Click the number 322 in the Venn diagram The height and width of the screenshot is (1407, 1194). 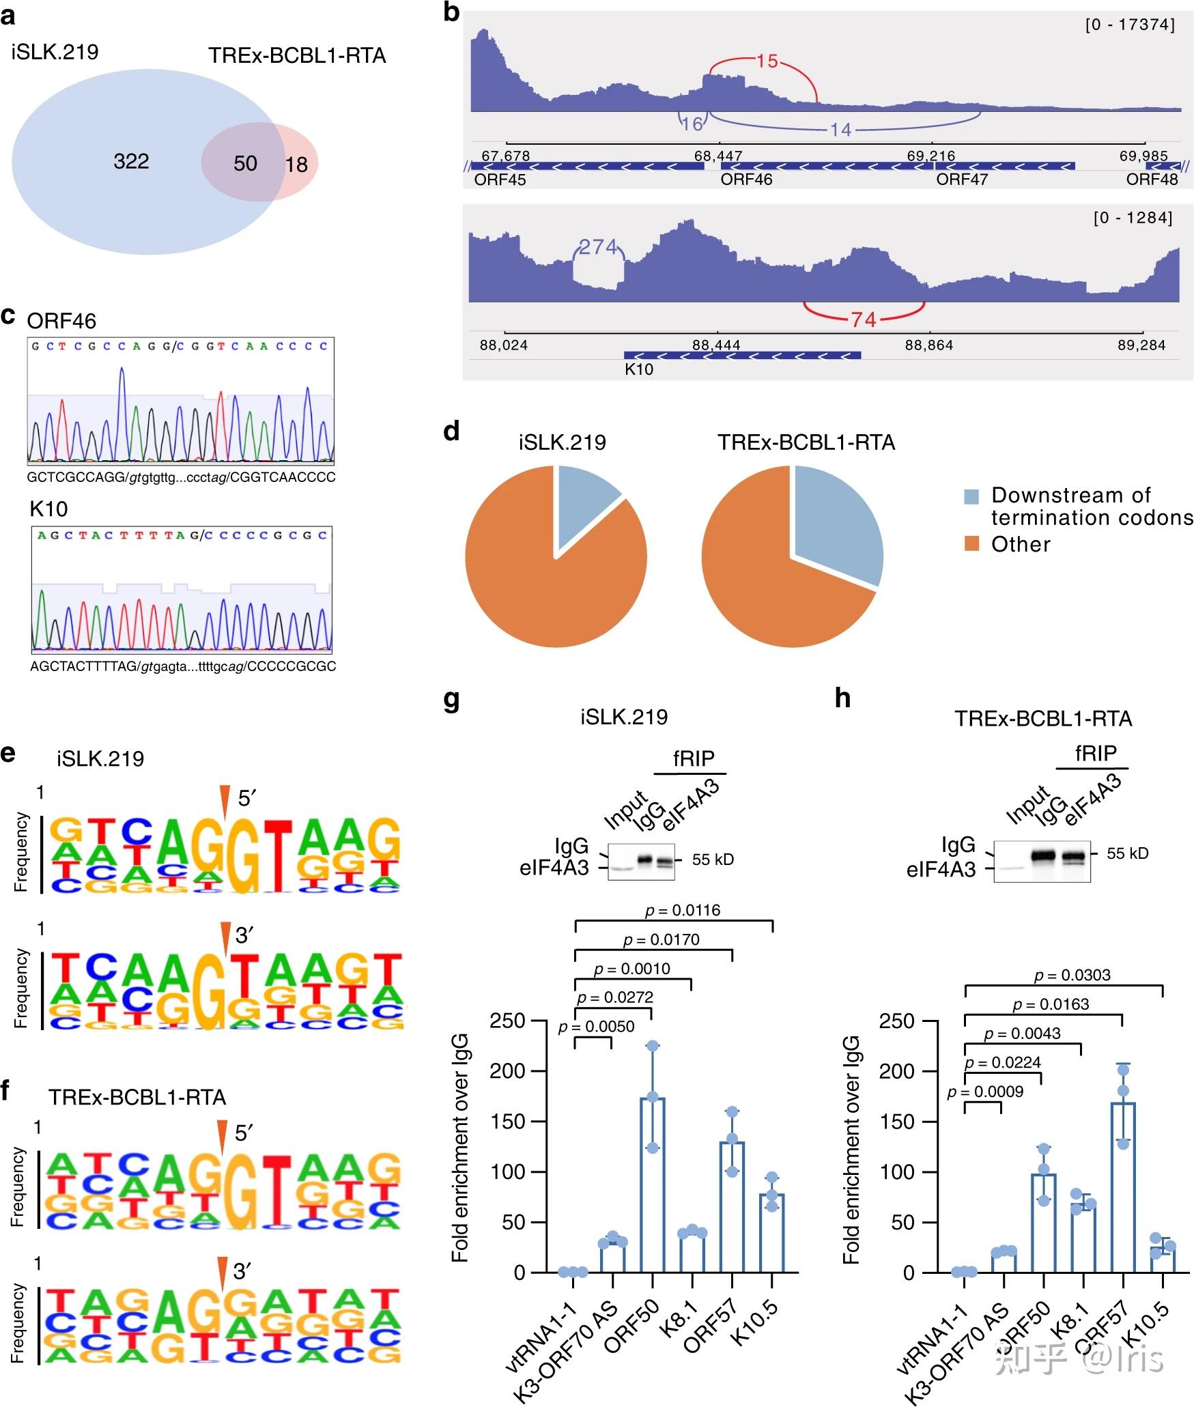(x=131, y=161)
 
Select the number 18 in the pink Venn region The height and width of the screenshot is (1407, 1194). (x=296, y=164)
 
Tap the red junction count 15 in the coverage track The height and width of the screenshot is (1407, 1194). (x=767, y=61)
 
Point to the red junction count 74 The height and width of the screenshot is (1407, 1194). (x=864, y=319)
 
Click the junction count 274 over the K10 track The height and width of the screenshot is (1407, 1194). (x=598, y=247)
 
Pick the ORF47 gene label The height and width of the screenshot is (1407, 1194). (x=961, y=180)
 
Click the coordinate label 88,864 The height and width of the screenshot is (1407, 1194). (x=928, y=345)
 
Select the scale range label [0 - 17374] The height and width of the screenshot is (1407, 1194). (x=1130, y=25)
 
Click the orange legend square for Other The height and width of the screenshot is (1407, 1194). (x=971, y=544)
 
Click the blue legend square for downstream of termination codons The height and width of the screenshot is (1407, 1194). (x=971, y=496)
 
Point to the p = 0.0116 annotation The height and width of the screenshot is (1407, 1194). (x=683, y=910)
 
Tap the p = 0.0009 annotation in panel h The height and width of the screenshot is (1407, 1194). (x=985, y=1092)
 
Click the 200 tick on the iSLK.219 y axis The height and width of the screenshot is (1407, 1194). (x=507, y=1071)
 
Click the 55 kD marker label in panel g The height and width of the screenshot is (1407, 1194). (x=713, y=859)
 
